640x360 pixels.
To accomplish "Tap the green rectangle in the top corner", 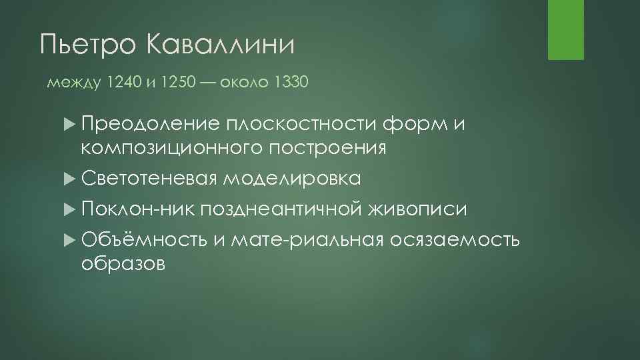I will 565,30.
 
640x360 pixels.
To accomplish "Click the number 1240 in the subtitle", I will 123,83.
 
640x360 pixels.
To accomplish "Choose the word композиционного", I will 171,147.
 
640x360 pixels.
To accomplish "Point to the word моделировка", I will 292,178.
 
